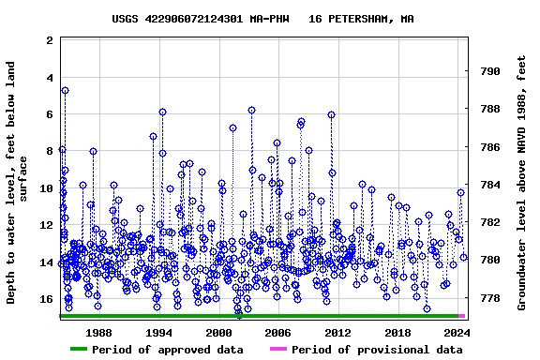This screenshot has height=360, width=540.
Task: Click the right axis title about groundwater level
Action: pos(522,183)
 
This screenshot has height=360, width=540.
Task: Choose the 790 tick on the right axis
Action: pos(488,71)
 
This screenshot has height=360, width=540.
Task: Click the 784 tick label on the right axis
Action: pos(488,185)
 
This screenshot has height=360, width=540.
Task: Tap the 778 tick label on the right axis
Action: pos(488,298)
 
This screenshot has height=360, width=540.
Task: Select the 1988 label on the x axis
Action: pos(99,333)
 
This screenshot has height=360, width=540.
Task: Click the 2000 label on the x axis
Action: pos(218,333)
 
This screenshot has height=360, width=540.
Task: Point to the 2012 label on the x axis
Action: pos(337,333)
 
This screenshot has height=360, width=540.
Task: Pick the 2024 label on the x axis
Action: pos(457,333)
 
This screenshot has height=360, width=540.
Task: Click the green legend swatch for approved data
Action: pos(91,350)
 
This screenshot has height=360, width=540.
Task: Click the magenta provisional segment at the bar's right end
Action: pos(462,316)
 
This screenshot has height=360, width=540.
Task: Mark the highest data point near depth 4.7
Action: pos(65,91)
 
